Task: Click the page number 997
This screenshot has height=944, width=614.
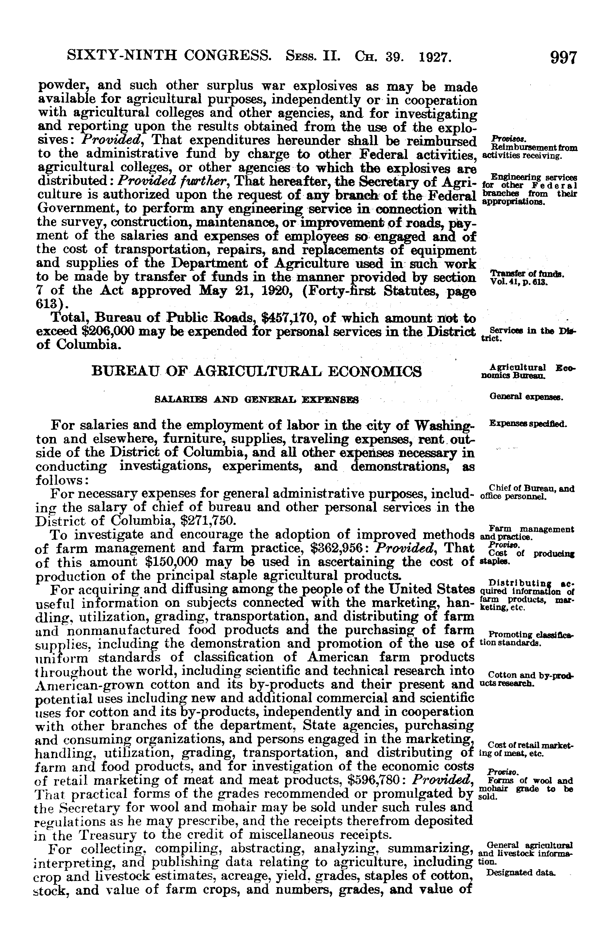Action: coord(562,58)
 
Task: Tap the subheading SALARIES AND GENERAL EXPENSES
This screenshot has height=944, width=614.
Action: coord(256,400)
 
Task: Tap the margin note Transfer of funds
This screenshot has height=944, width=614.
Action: coord(527,274)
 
